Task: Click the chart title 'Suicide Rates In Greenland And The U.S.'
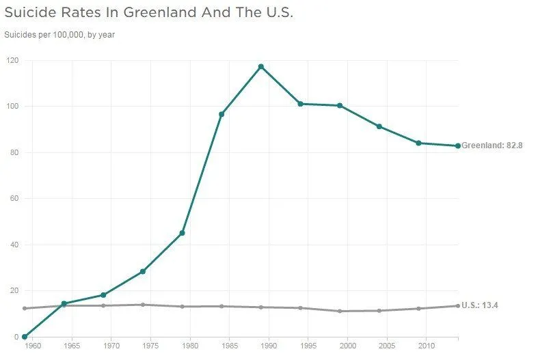[x=149, y=13]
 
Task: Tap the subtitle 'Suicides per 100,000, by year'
[x=59, y=35]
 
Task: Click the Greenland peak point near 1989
[x=261, y=66]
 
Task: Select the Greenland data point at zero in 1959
[x=25, y=337]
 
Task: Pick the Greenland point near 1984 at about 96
[x=221, y=114]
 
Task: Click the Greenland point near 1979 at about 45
[x=183, y=233]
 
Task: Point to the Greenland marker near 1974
[x=143, y=272]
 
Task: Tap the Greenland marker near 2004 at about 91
[x=379, y=126]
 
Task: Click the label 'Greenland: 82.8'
[x=492, y=146]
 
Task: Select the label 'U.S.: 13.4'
[x=480, y=305]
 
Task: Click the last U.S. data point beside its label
[x=458, y=305]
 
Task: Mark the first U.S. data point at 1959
[x=25, y=309]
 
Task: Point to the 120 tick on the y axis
[x=12, y=60]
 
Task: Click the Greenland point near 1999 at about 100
[x=340, y=106]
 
